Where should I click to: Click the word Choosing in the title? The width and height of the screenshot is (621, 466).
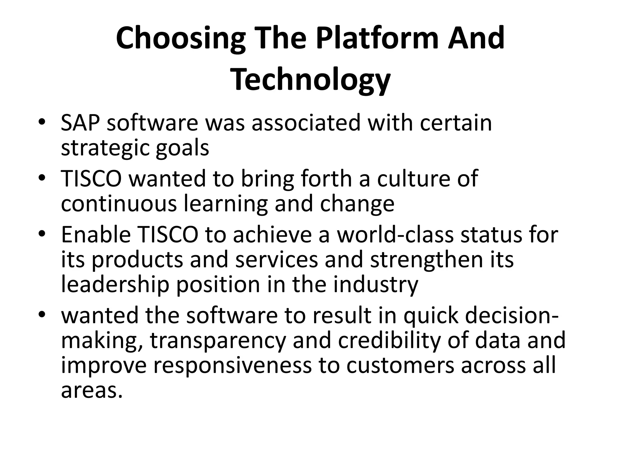pyautogui.click(x=180, y=39)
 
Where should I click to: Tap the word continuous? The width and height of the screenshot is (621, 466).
pyautogui.click(x=119, y=204)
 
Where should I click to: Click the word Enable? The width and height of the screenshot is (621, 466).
pyautogui.click(x=96, y=235)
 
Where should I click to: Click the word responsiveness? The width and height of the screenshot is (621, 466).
pyautogui.click(x=232, y=365)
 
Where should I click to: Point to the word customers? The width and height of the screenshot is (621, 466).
pyautogui.click(x=400, y=365)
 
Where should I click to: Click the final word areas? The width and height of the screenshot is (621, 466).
pyautogui.click(x=92, y=390)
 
